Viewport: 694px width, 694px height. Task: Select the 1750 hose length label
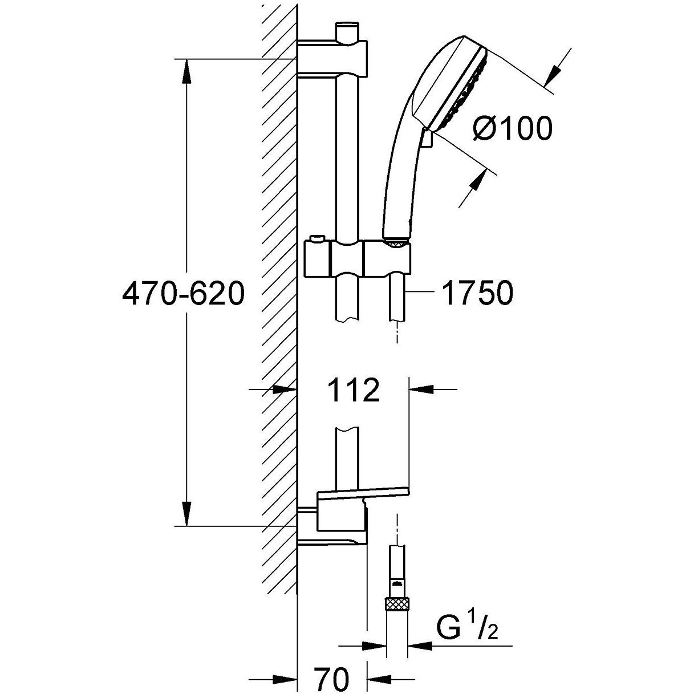point(477,293)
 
